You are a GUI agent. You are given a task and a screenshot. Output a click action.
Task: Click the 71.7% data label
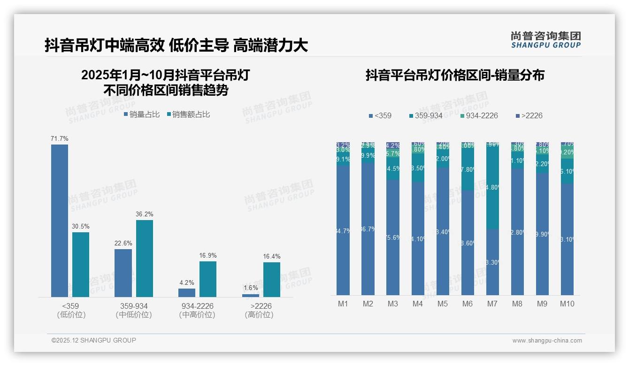[x=60, y=139]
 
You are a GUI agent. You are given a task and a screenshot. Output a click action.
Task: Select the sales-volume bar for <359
[x=60, y=221]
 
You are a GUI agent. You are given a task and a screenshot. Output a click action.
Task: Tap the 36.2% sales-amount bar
[x=145, y=258]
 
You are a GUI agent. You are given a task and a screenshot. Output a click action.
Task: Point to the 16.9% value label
[x=208, y=256]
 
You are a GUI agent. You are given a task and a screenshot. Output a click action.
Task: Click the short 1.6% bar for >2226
[x=251, y=295]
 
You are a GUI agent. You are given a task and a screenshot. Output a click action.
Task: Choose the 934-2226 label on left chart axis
[x=197, y=306]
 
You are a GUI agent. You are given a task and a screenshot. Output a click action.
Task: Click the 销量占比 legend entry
[x=142, y=114]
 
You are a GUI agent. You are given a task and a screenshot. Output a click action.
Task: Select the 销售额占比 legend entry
[x=188, y=114]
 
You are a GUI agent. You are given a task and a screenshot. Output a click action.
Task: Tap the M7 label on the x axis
[x=492, y=304]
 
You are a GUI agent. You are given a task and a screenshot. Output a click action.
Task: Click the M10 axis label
[x=567, y=304]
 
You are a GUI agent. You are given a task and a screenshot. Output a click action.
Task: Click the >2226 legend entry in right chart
[x=529, y=115]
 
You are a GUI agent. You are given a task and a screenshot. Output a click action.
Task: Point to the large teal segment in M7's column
[x=492, y=188]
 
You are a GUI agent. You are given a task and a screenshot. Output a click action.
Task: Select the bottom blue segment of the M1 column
[x=343, y=230]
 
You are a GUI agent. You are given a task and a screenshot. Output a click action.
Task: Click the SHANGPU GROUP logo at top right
[x=545, y=40]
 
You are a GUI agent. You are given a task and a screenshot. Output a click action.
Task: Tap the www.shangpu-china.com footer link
[x=547, y=341]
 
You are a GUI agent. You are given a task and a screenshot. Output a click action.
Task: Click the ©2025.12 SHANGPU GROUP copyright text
[x=94, y=341]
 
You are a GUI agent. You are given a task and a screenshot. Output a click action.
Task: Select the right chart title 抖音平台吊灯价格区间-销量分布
[x=455, y=76]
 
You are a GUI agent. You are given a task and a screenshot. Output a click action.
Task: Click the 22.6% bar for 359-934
[x=123, y=273]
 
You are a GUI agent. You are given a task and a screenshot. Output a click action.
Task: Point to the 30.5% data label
[x=81, y=227]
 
